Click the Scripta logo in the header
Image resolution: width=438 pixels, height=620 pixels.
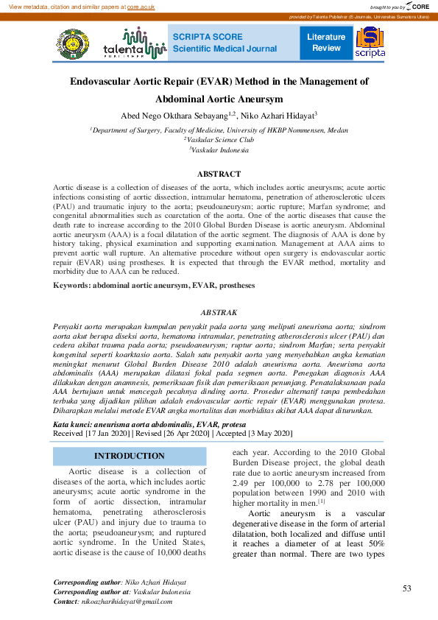click(370, 43)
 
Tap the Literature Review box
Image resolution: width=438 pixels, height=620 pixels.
click(326, 42)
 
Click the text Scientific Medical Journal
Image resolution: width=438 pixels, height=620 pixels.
click(225, 49)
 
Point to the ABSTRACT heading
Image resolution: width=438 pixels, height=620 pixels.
click(219, 174)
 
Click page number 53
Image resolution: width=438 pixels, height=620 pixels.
click(406, 588)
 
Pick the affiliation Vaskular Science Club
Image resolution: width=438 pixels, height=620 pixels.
click(220, 139)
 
